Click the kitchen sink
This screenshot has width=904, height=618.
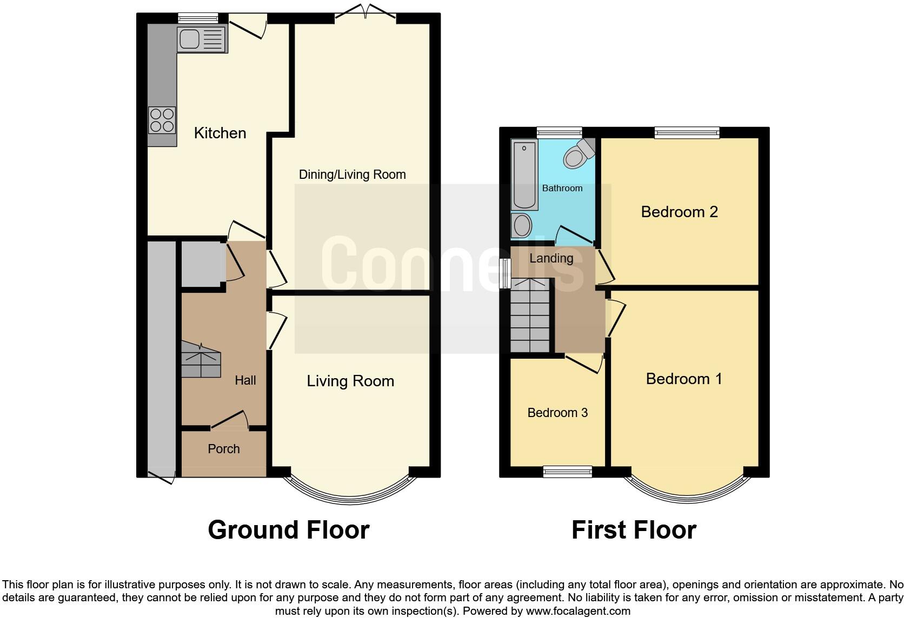202,39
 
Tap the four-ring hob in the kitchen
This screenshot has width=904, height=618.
162,120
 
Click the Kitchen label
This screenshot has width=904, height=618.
220,133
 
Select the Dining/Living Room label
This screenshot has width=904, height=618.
352,174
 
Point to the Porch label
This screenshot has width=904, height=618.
224,449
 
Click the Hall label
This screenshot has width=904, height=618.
245,380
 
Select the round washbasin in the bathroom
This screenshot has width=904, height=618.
522,225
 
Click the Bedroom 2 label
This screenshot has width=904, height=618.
679,212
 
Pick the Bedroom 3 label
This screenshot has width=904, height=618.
557,413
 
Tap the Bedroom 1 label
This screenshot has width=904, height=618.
684,379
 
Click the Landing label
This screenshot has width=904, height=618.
551,258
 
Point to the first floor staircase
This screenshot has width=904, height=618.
531,316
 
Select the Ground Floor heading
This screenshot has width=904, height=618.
288,530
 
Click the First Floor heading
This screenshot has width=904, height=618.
634,530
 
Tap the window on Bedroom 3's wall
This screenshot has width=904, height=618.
568,472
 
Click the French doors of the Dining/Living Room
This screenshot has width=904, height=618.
365,14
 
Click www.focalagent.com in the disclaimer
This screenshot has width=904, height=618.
578,612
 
